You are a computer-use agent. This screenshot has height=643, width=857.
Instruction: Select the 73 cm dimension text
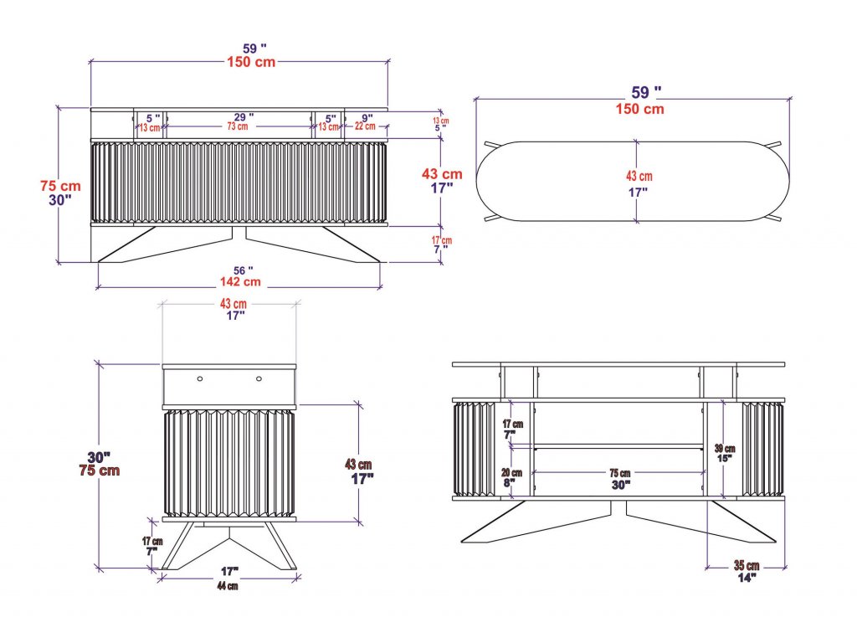coord(237,127)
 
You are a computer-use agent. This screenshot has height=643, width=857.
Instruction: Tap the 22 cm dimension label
coord(365,127)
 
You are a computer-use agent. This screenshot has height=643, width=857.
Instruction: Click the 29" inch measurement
coord(243,116)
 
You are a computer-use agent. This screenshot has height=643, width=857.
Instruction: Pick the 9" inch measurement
coord(367,117)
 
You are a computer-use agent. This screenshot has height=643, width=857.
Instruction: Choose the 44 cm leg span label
coord(228,586)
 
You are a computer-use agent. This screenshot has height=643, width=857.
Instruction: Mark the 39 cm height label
coord(725,449)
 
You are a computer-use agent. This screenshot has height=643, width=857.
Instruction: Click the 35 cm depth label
coord(747,565)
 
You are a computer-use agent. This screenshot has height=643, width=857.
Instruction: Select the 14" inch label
coord(747,578)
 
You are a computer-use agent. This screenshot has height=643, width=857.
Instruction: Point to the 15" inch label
coord(725,459)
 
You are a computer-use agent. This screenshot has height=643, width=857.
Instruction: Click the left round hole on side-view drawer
coord(200,379)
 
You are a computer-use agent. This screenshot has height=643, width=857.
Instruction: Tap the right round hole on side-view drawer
coord(259,379)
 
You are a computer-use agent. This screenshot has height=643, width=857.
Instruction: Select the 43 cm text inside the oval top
coord(639,177)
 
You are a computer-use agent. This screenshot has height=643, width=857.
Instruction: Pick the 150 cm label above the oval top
coord(640,109)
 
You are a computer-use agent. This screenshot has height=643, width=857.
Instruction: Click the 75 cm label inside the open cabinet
coord(620,474)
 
